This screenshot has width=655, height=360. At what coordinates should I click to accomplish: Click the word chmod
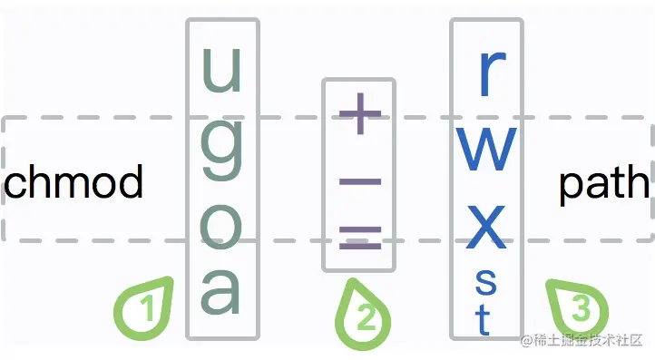coord(73,180)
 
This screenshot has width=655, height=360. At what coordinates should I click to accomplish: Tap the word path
coord(604,184)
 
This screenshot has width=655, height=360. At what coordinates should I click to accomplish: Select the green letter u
coord(222,70)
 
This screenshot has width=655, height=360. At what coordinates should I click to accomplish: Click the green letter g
coord(222,149)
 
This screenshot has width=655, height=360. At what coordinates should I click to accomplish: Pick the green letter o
coord(221,227)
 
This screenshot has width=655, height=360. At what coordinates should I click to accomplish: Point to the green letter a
coord(220,292)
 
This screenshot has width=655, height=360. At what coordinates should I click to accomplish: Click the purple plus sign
coord(360,113)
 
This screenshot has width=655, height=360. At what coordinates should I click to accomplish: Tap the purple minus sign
coord(360,181)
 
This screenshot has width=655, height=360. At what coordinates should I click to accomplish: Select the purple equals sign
coord(360,238)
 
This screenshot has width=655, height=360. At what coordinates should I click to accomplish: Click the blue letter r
coord(493,74)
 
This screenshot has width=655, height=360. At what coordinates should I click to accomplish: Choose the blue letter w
coord(486,150)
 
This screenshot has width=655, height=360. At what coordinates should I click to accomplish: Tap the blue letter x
coord(486,227)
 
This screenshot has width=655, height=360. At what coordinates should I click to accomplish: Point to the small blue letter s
coord(486,282)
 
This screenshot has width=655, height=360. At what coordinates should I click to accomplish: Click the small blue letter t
coord(483,319)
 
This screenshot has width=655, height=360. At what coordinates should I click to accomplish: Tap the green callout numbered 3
coord(578,308)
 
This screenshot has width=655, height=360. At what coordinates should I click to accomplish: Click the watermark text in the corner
coord(582,340)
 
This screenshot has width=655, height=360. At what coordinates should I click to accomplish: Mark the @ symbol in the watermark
coord(526,341)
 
